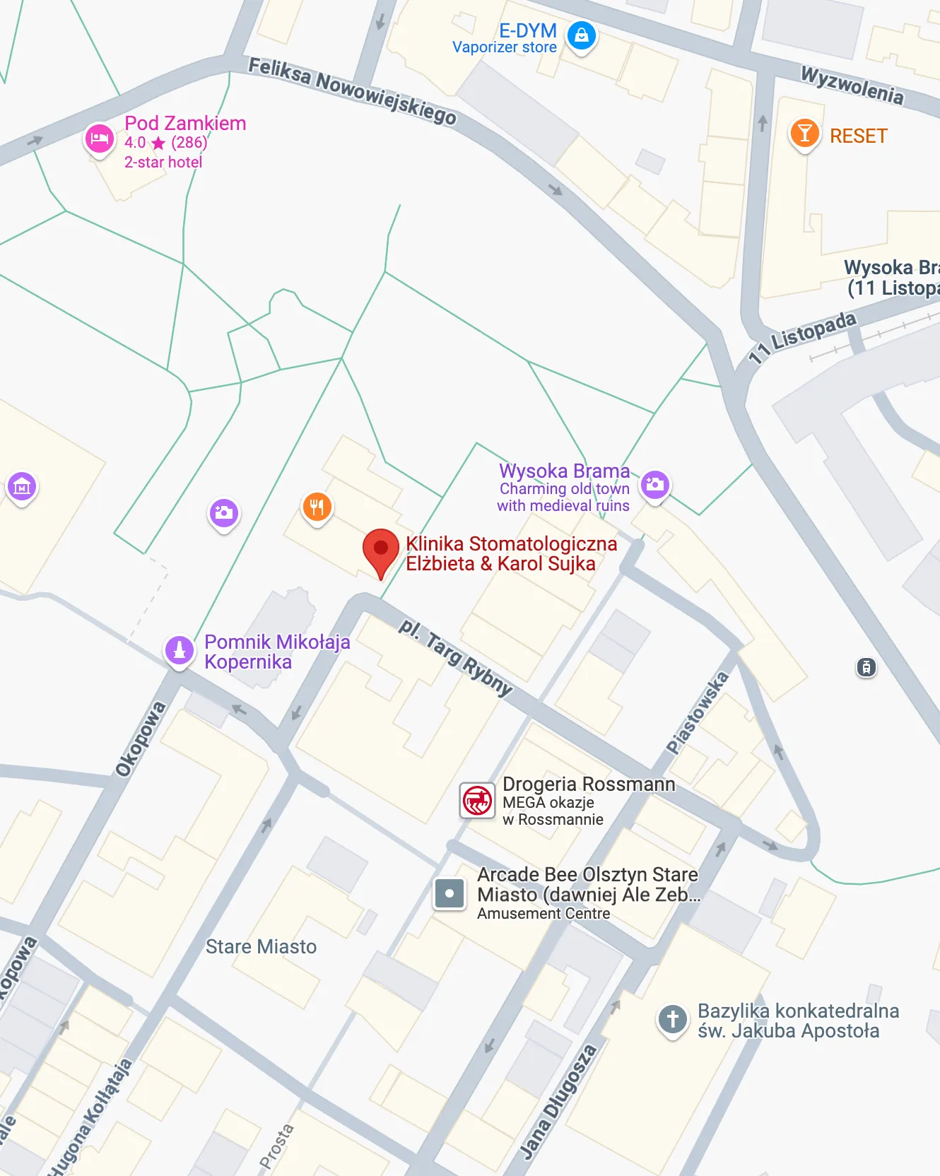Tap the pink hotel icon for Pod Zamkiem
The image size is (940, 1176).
100,138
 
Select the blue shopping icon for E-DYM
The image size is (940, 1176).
581,35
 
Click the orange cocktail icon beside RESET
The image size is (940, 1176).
804,133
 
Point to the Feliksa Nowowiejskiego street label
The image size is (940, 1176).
352,90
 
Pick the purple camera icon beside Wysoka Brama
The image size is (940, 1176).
655,484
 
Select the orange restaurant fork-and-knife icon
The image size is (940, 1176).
317,507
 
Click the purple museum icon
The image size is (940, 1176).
22,486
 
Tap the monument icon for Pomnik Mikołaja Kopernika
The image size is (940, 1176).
180,649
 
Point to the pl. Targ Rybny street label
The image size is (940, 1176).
455,656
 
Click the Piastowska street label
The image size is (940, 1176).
697,712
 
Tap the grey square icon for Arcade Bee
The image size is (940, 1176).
450,893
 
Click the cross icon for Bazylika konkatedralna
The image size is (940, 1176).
672,1020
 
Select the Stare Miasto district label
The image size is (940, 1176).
261,946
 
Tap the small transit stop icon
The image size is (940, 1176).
866,666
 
